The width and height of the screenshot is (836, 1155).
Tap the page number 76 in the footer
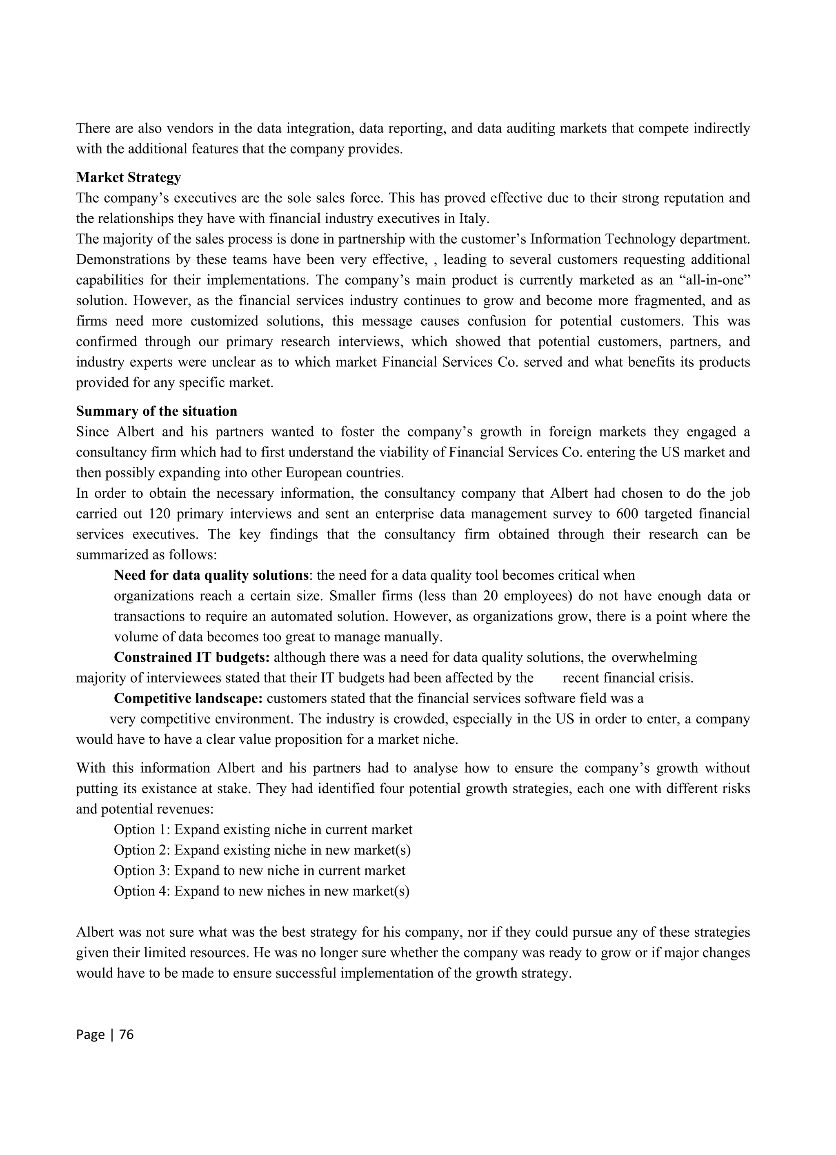click(x=126, y=1044)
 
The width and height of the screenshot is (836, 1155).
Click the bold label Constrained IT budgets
click(x=191, y=657)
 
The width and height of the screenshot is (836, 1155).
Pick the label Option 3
click(x=142, y=870)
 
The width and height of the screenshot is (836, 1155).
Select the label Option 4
click(x=142, y=891)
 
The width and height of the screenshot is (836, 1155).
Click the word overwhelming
click(x=654, y=657)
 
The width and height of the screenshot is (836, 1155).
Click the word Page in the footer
click(x=90, y=1044)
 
